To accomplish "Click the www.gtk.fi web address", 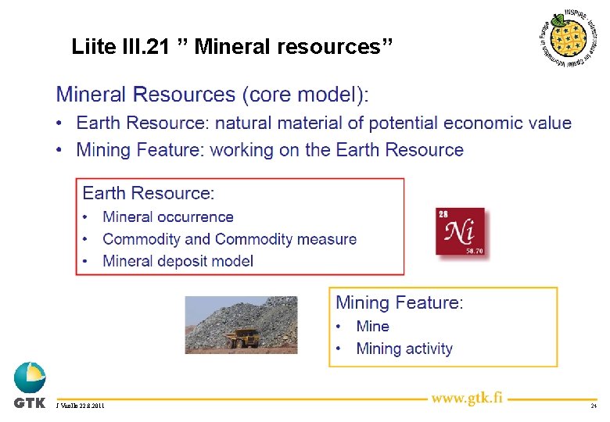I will pos(467,398).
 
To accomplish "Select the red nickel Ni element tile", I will pos(461,231).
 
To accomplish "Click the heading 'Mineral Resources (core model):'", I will pos(212,95).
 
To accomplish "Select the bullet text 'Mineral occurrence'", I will pos(168,217).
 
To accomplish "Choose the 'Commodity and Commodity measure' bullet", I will pos(229,239).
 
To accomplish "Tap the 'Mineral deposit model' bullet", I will pos(178,261).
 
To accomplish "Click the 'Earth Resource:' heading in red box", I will pos(149,193).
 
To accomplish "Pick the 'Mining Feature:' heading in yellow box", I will pos(399,302).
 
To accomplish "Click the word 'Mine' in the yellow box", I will pos(372,326).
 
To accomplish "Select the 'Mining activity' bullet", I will pos(404,349).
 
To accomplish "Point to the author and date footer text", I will pos(80,406).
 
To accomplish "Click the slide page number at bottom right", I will pos(594,406).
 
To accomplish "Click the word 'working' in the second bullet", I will pos(242,150).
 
